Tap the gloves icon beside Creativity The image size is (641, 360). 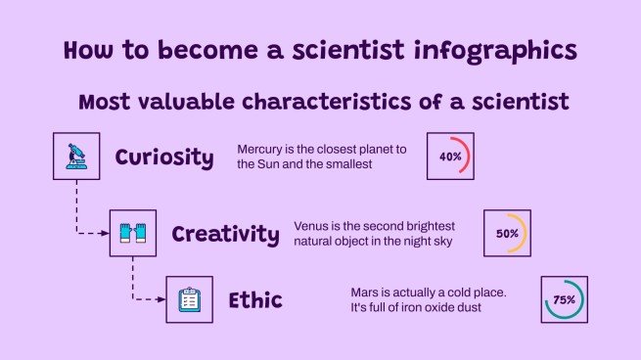coord(132,233)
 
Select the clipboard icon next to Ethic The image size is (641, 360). coord(189,299)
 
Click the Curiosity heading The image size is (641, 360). coord(163,157)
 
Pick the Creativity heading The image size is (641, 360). coord(225,234)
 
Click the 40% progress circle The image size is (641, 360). coord(450,157)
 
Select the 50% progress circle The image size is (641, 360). coord(507,234)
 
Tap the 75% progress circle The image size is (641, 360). coord(564,300)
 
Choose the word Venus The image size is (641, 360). coord(312,226)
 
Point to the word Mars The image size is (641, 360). coord(365,292)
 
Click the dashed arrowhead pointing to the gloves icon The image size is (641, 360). coord(105,233)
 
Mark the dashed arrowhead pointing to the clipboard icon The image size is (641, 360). coord(161,299)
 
